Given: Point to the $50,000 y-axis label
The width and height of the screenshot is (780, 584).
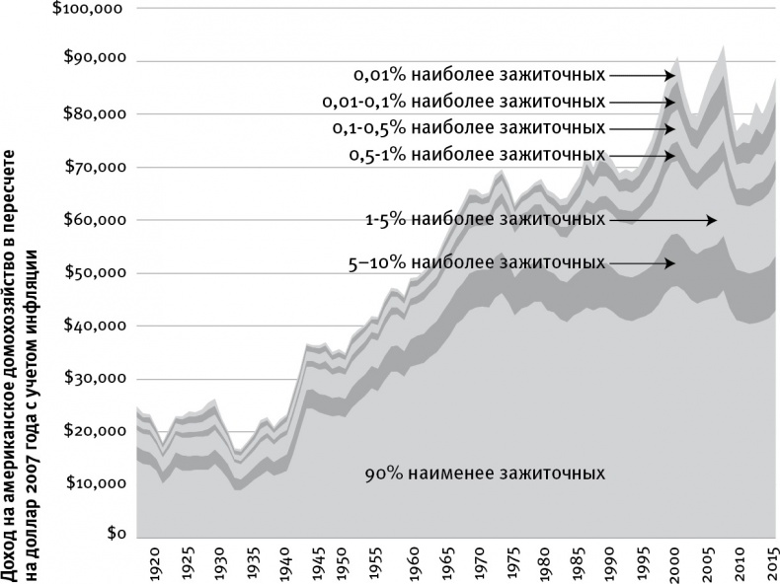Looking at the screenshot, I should coord(95,273).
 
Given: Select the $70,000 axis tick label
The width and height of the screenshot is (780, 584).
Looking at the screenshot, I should coord(95,168).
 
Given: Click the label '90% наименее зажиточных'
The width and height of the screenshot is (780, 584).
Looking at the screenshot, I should coord(484,474).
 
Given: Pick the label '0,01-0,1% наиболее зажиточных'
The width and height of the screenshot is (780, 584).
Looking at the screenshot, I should coord(463,101).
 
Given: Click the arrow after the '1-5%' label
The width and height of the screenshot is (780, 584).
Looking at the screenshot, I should coord(663,221).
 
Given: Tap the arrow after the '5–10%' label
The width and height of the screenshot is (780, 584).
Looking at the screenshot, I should coord(643,263).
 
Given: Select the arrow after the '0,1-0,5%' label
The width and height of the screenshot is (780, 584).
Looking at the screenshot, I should coord(643,128).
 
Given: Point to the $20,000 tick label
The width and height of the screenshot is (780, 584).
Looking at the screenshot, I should coord(95,431).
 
